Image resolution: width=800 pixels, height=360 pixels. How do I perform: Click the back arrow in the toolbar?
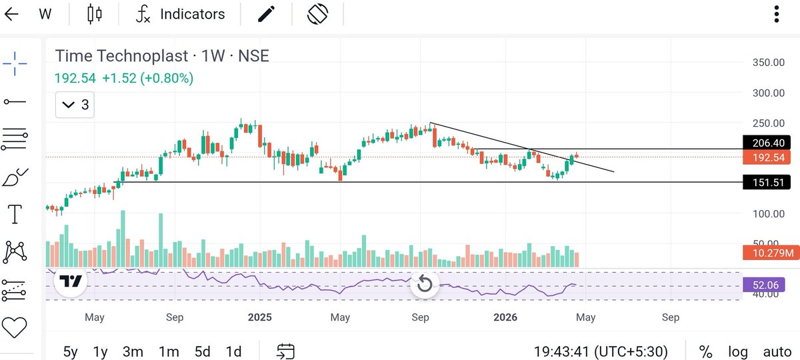tap(11, 14)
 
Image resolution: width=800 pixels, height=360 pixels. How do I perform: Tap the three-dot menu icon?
tap(776, 14)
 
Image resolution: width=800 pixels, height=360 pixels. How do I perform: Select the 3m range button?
tap(133, 351)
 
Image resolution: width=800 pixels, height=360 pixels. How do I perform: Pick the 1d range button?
tap(233, 351)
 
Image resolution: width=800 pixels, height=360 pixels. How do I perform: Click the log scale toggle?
tap(737, 351)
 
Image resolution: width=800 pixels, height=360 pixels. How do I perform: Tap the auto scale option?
tap(777, 351)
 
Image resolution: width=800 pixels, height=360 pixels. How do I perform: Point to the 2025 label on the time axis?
tap(259, 317)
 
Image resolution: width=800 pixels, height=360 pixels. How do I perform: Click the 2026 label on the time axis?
tap(505, 317)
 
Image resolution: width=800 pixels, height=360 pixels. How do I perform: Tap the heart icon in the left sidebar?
tap(14, 327)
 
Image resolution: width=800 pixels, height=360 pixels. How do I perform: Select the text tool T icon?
tap(14, 215)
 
